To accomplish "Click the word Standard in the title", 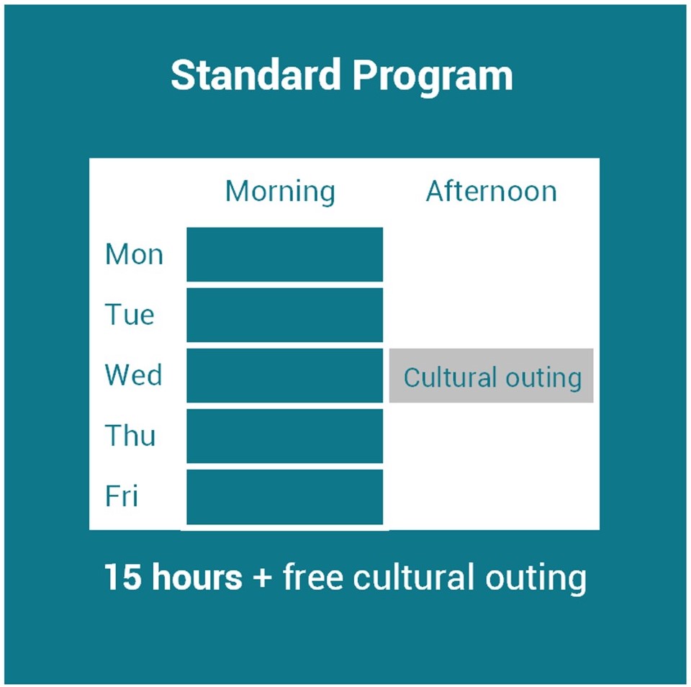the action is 256,75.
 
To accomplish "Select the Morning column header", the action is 280,192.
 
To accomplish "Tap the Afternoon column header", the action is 492,191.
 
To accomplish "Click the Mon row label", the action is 134,254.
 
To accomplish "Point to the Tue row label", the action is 130,315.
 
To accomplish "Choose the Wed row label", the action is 134,374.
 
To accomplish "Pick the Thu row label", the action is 130,435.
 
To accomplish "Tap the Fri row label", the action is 122,495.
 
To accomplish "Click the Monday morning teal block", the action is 285,254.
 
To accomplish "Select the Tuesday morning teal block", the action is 285,315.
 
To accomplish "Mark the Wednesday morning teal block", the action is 285,375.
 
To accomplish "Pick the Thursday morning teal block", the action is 285,436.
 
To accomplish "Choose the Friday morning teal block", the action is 285,496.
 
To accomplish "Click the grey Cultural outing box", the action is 492,375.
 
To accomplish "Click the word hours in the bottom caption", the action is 197,576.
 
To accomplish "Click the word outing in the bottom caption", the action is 536,579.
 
